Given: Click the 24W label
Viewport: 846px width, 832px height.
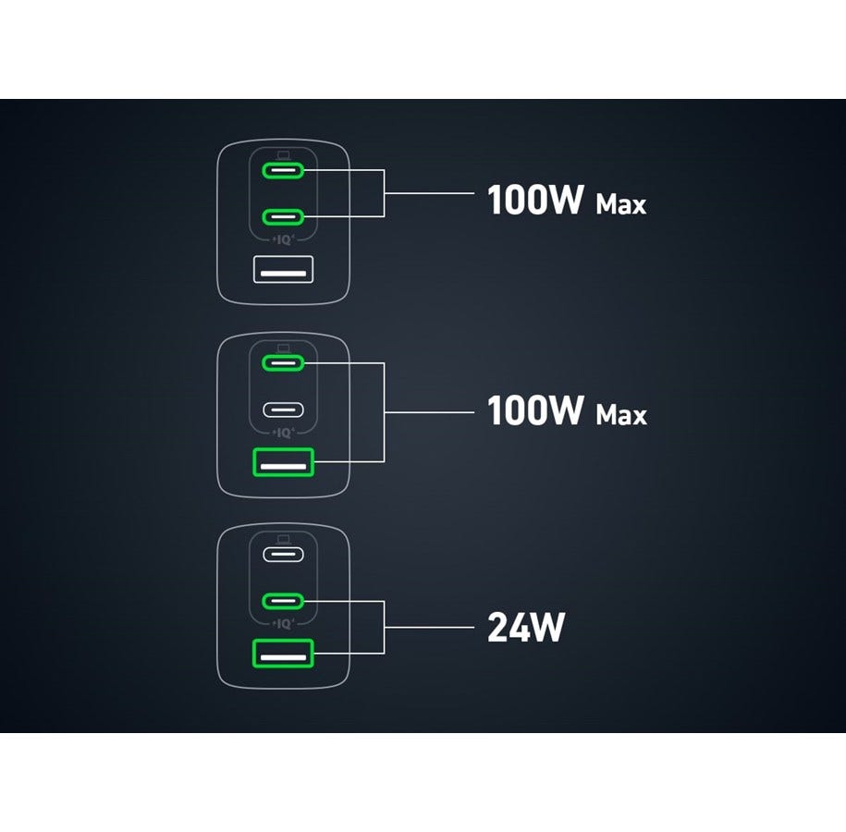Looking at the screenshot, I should coord(525,629).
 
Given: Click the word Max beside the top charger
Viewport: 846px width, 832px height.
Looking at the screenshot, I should coord(620,203).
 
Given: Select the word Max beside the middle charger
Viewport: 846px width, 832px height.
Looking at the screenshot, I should coord(620,415).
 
